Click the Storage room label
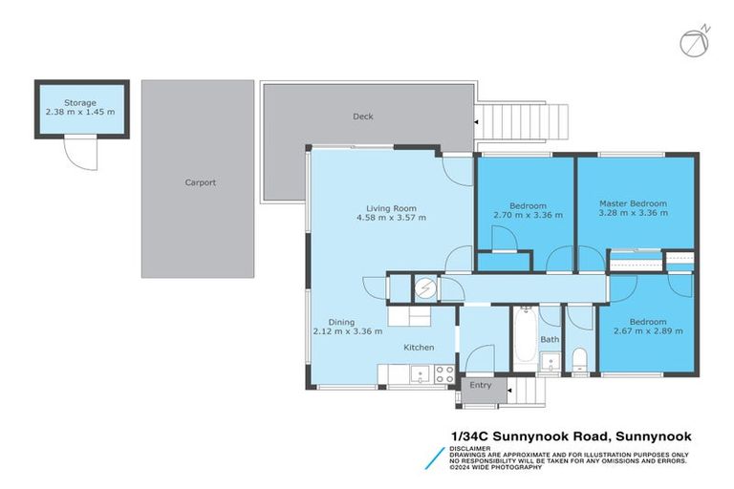tap(80, 102)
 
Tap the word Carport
tap(200, 182)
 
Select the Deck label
tap(362, 117)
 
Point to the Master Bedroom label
tap(633, 203)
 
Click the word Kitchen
tap(420, 347)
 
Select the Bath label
tap(550, 339)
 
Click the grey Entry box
tap(480, 385)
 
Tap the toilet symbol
tap(580, 360)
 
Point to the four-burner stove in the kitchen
tap(444, 373)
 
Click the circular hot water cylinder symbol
tap(424, 287)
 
